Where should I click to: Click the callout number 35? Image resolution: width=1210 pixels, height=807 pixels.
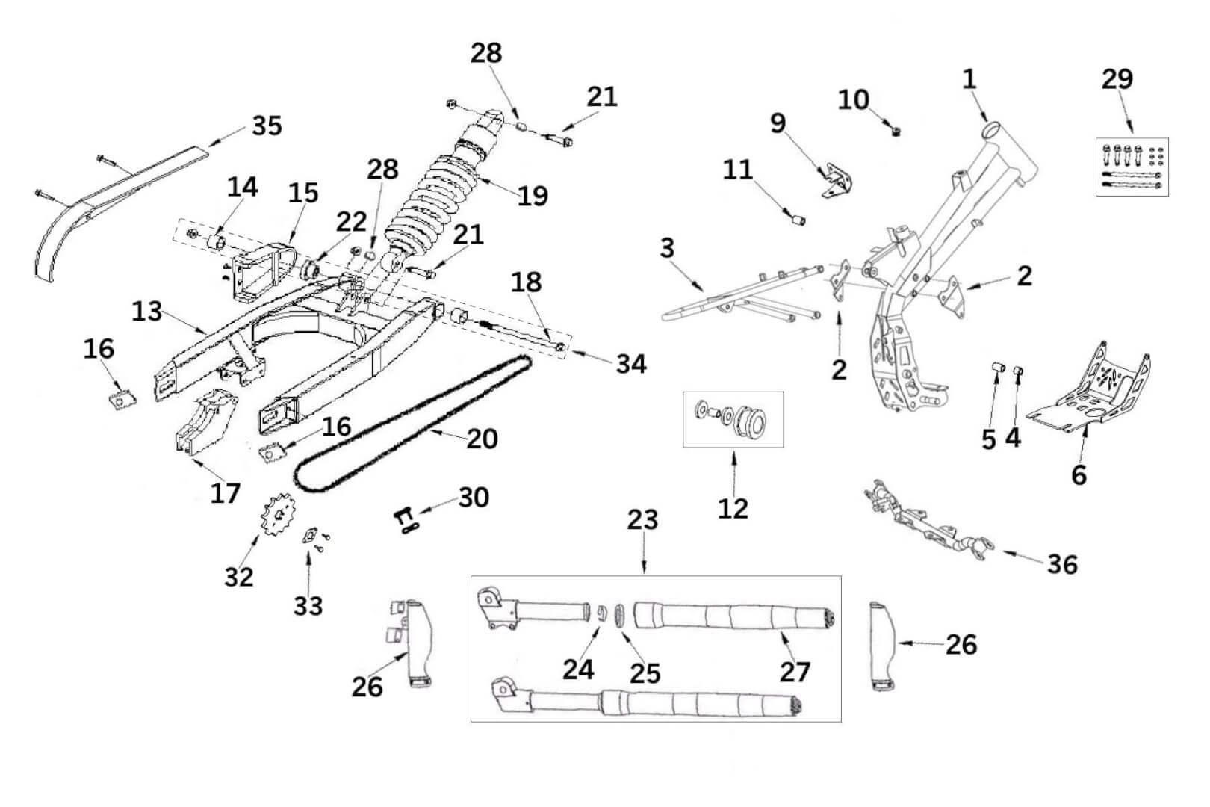[x=267, y=125]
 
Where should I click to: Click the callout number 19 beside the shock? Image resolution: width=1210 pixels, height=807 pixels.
[x=533, y=195]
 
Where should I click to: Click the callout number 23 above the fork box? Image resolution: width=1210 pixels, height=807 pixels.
[x=642, y=519]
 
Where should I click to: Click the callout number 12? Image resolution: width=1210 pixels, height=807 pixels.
[x=733, y=508]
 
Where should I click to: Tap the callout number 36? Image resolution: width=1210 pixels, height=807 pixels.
[x=1061, y=563]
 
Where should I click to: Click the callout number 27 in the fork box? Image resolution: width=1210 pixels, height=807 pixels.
[x=795, y=671]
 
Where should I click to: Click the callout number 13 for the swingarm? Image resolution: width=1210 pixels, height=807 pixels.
[x=146, y=310]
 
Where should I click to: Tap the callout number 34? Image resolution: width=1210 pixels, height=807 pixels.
[x=631, y=364]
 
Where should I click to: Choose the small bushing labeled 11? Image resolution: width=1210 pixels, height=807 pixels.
[x=797, y=220]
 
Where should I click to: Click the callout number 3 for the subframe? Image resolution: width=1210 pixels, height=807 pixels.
[x=667, y=247]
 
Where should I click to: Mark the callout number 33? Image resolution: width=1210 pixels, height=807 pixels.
[x=308, y=605]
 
